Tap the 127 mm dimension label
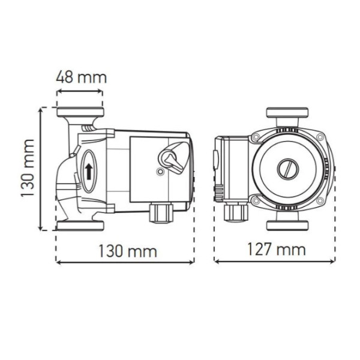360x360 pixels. (276, 248)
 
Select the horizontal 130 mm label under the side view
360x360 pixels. (127, 250)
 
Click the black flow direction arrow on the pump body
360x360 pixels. (89, 170)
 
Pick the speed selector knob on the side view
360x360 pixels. (169, 158)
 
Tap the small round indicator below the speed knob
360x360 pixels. (159, 173)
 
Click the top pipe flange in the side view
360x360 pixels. (80, 112)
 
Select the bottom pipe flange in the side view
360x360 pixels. (80, 226)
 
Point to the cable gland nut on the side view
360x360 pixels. (161, 212)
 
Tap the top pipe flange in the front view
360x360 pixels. (287, 113)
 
